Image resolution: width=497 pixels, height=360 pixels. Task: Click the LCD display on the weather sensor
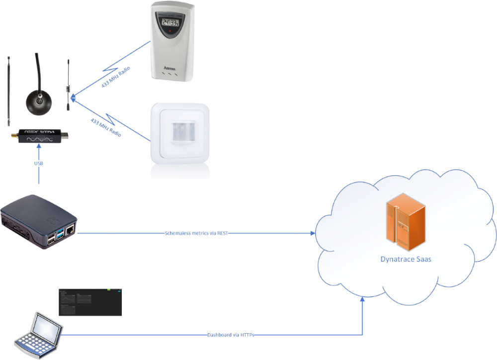170,22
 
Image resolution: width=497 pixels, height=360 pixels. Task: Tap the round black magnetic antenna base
38,102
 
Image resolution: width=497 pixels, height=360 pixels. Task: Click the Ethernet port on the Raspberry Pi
70,230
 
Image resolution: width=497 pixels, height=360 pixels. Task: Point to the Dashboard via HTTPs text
230,335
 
